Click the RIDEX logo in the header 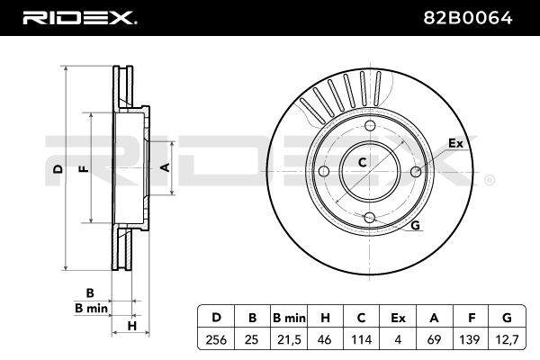click(x=78, y=16)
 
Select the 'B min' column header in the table click(x=289, y=317)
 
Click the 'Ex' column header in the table click(x=397, y=317)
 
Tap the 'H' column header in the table click(x=325, y=317)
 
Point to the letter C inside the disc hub click(x=362, y=163)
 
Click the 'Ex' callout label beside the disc click(x=455, y=143)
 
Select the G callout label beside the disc click(x=416, y=225)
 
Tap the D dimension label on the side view click(x=57, y=169)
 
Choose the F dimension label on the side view click(x=82, y=169)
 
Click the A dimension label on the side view click(x=164, y=167)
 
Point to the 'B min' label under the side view click(x=90, y=309)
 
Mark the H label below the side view click(x=130, y=325)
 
